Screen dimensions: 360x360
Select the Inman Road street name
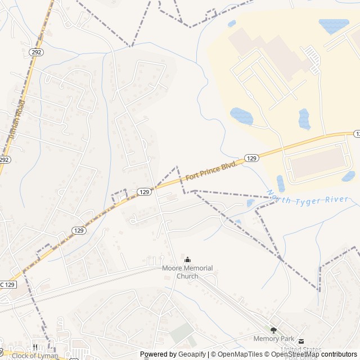click(x=17, y=119)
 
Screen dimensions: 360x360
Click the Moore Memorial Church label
click(x=187, y=272)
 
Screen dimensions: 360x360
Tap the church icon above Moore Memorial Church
click(x=187, y=260)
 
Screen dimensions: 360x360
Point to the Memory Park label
click(x=274, y=339)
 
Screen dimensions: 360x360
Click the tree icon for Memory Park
click(x=274, y=331)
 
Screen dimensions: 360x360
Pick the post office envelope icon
click(x=301, y=341)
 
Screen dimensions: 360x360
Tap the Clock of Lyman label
click(x=35, y=355)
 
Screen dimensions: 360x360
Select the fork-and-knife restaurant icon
click(x=35, y=347)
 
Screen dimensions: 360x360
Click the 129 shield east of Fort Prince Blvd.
click(x=251, y=159)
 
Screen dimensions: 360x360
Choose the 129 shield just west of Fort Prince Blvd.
click(x=145, y=192)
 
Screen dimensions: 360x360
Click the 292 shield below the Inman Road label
click(x=4, y=160)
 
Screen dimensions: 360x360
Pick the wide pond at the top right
click(x=334, y=25)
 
